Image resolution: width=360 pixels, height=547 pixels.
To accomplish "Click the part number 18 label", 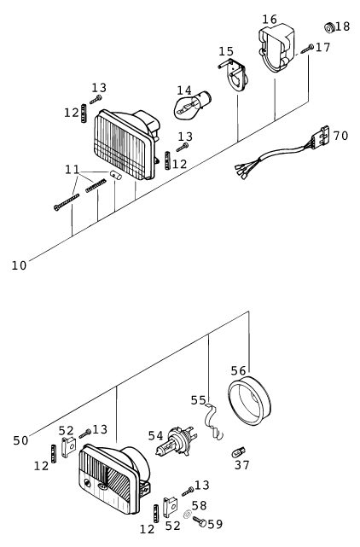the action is [x=342, y=26].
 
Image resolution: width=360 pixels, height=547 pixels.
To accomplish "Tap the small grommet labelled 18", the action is [x=329, y=27].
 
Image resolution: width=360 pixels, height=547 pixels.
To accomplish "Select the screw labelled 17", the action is [x=307, y=49].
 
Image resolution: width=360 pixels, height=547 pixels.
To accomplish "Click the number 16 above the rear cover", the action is [x=270, y=19].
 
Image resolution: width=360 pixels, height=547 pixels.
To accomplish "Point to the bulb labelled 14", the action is [x=192, y=104].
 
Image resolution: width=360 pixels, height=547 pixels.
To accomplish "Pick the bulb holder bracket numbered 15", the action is [x=234, y=74].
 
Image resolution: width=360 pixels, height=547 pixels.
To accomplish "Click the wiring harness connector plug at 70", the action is [x=321, y=137].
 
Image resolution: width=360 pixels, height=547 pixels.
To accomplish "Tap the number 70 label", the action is [x=340, y=136].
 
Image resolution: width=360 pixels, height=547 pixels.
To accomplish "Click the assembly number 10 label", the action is [x=19, y=265].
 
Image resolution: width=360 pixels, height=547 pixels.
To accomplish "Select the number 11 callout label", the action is [x=73, y=170].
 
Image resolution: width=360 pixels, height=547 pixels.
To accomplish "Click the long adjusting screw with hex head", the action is [x=67, y=202].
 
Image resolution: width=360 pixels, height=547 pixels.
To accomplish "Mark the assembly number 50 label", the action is [x=20, y=440].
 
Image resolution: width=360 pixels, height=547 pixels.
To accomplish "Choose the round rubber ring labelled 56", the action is [x=249, y=400].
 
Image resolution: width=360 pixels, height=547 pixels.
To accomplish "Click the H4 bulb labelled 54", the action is [x=177, y=441].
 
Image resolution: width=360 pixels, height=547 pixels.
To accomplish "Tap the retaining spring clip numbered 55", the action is [x=213, y=421].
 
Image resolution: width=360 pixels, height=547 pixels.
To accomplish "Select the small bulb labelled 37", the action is [x=239, y=453].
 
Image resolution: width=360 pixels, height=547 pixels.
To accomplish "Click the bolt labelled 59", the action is [x=200, y=521].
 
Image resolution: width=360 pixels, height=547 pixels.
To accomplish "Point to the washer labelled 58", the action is [x=188, y=514].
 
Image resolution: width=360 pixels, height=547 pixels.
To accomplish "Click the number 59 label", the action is [x=215, y=524].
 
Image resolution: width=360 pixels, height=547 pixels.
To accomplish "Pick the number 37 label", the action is [x=241, y=465].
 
